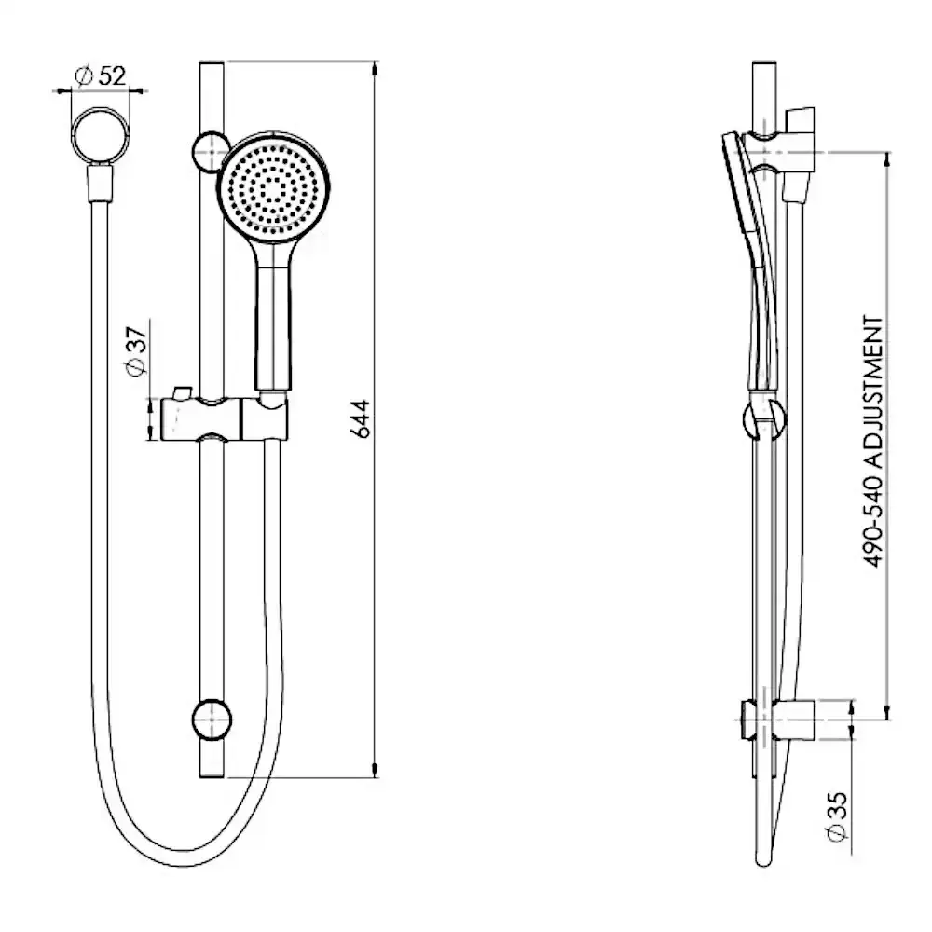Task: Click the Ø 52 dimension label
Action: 101,75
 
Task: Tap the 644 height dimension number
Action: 360,418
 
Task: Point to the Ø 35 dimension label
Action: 837,816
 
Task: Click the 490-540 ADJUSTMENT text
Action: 873,442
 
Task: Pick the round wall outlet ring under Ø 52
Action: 100,135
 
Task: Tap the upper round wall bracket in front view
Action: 211,152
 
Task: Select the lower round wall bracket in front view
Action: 212,720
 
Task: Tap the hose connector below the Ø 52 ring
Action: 100,184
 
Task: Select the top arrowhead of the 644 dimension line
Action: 375,67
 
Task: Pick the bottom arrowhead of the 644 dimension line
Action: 375,771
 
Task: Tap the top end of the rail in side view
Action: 764,62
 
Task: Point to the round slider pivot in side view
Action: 764,418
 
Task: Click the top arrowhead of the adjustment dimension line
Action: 888,159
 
